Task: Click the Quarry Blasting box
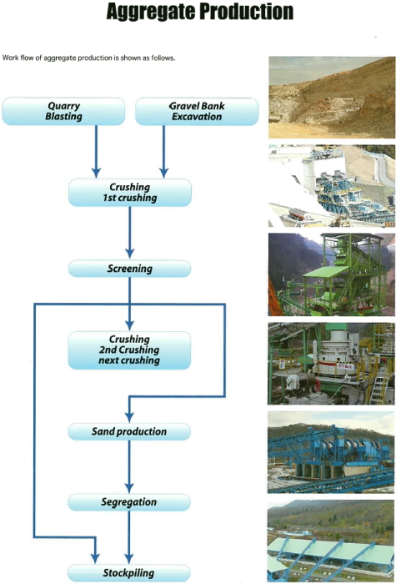click(x=63, y=111)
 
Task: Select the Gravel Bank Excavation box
click(x=197, y=111)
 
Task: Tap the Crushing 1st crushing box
click(x=130, y=193)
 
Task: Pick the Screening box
click(x=130, y=269)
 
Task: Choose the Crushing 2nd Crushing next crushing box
click(x=129, y=350)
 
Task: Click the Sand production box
click(x=129, y=431)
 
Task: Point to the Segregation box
click(x=129, y=502)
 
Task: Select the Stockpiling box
click(x=128, y=573)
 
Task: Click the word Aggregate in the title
click(x=151, y=12)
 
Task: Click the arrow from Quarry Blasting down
click(x=96, y=152)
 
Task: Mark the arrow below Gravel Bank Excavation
click(x=163, y=152)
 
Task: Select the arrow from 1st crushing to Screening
click(x=129, y=233)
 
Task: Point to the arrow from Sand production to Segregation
click(x=129, y=466)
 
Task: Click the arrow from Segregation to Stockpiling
click(x=128, y=537)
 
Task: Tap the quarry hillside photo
click(x=332, y=98)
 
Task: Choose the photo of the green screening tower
click(x=332, y=274)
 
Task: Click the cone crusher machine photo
click(x=331, y=364)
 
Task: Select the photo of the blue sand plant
click(x=331, y=452)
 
